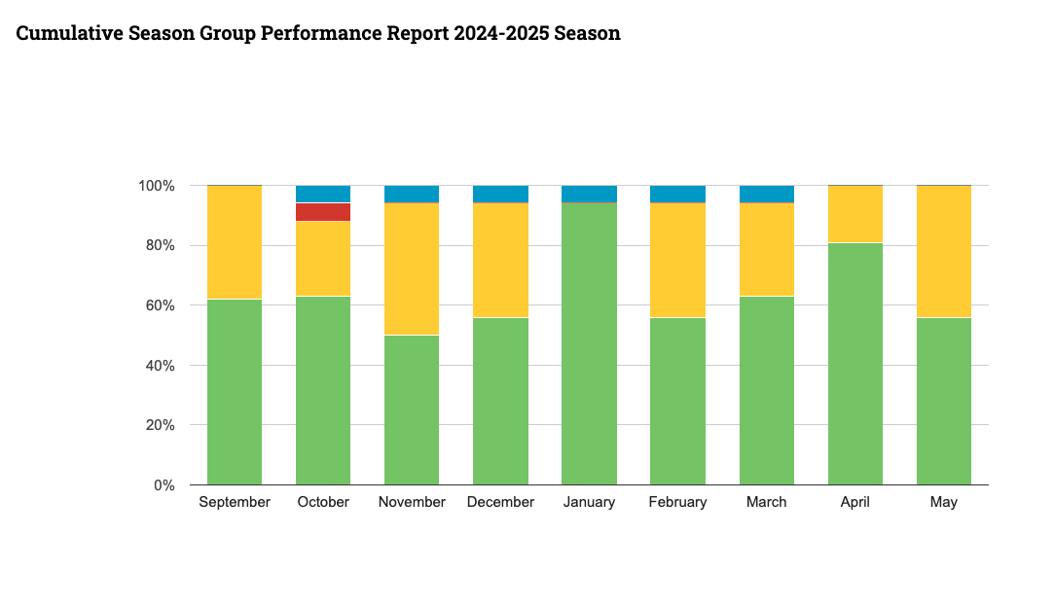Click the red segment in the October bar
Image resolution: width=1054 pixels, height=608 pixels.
(323, 212)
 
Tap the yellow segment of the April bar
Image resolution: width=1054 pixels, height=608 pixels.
(855, 214)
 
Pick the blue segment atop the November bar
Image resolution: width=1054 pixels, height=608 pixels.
(412, 194)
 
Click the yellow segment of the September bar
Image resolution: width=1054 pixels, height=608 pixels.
(235, 242)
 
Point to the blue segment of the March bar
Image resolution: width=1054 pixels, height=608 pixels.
(767, 194)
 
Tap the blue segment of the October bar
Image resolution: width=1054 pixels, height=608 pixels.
(323, 194)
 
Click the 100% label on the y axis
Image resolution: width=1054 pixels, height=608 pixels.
(155, 186)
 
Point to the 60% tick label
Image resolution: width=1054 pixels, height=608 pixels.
(159, 305)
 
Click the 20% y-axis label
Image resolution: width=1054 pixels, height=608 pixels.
(159, 425)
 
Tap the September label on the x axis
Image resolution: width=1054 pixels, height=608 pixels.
(235, 503)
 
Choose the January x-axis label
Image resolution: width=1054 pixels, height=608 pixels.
(589, 503)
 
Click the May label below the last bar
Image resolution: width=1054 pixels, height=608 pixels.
(944, 503)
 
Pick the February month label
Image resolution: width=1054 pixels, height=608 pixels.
(677, 503)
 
